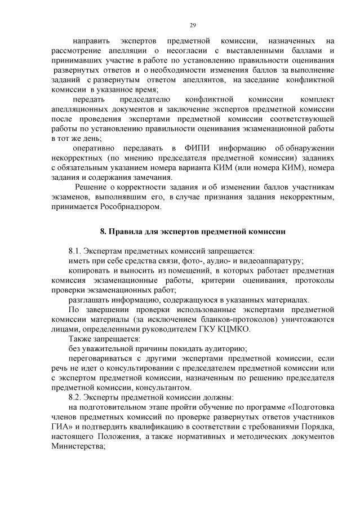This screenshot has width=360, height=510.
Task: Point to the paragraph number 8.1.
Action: [75, 251]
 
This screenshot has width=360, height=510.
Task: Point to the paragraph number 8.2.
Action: [75, 397]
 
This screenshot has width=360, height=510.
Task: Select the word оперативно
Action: [94, 147]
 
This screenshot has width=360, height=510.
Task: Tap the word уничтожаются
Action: [306, 319]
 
